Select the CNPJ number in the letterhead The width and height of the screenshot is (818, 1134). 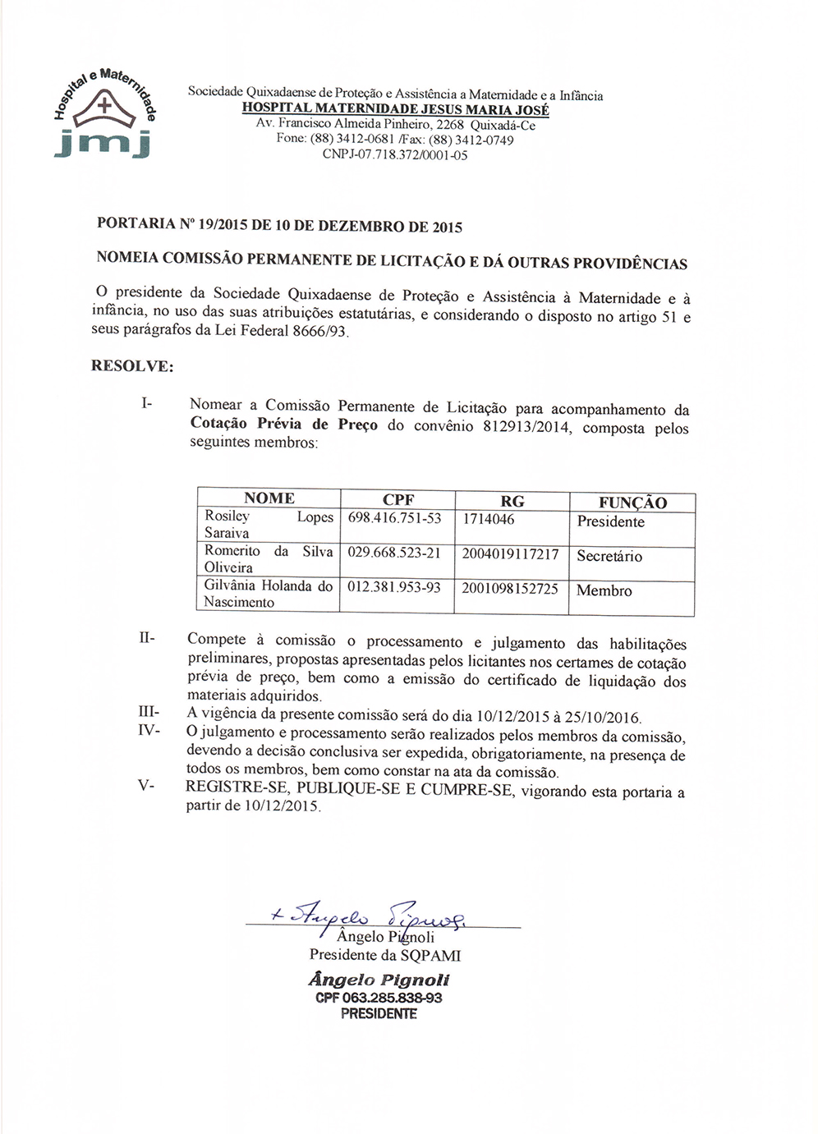click(395, 154)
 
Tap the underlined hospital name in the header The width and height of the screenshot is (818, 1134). click(395, 109)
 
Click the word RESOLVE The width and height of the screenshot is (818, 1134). click(132, 366)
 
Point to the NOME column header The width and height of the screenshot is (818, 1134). click(269, 498)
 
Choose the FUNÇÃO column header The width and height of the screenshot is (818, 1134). click(632, 503)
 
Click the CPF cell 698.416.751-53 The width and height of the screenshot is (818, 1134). click(394, 518)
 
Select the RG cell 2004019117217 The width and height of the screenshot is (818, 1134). click(510, 554)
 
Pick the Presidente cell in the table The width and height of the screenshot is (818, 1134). click(610, 522)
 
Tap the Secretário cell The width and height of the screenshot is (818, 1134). click(609, 557)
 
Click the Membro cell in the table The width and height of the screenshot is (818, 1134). click(604, 591)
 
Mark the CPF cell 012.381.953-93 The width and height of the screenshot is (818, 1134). click(394, 588)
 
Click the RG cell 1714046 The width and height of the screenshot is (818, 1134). click(489, 519)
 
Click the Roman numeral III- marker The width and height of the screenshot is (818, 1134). click(149, 712)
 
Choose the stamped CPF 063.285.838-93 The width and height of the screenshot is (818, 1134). click(379, 998)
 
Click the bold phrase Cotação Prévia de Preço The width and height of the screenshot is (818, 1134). click(284, 425)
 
